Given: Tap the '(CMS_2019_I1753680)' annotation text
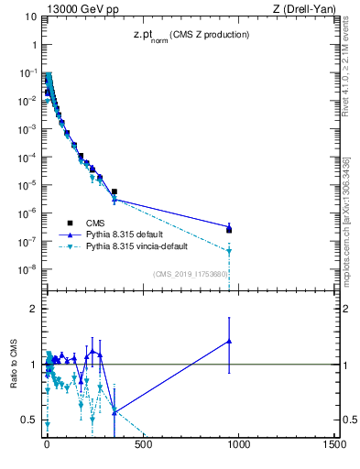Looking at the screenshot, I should (x=190, y=273).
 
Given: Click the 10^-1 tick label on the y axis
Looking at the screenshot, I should (x=28, y=72).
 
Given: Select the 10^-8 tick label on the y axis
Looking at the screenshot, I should (x=28, y=269).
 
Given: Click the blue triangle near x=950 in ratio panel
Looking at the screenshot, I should (x=229, y=342).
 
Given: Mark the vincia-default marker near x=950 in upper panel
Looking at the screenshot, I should (x=229, y=250).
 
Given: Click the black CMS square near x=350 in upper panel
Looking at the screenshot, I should (x=115, y=191).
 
